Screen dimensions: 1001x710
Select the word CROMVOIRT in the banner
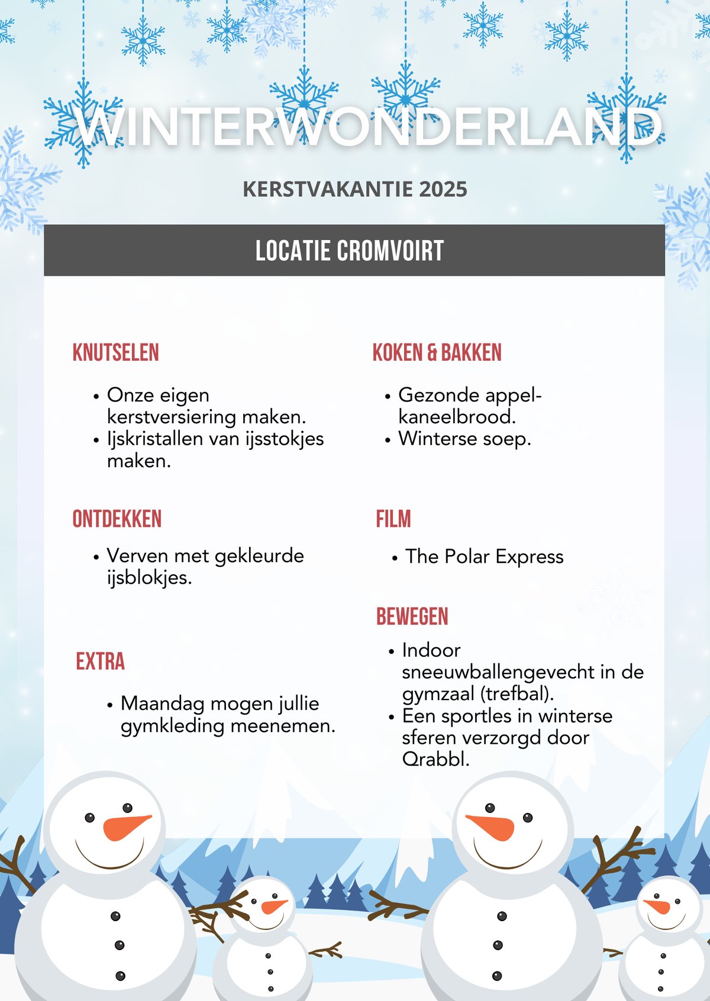(390, 251)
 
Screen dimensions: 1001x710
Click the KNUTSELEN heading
(116, 352)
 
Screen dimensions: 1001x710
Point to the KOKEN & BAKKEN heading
(437, 352)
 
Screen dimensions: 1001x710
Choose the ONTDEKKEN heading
(117, 519)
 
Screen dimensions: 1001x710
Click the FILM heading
(393, 519)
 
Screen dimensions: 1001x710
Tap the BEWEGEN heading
(412, 617)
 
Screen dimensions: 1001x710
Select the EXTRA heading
(101, 662)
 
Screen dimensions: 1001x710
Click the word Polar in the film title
(467, 557)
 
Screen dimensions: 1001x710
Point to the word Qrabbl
(435, 759)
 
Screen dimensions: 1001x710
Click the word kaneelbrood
(456, 417)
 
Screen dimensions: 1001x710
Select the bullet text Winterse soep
(464, 439)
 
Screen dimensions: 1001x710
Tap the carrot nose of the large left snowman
(125, 827)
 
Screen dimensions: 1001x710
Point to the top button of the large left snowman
(115, 916)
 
